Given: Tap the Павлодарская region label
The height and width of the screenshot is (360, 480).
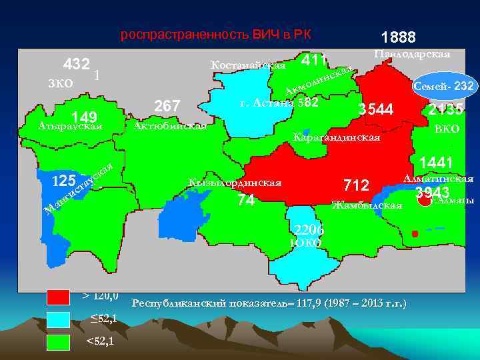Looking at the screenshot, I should [x=412, y=53].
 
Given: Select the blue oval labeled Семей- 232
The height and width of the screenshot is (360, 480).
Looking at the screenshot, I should [x=443, y=86].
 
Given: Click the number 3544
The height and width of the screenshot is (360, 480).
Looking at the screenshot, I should [x=377, y=109].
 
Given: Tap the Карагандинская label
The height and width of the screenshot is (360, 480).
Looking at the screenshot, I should [x=336, y=138].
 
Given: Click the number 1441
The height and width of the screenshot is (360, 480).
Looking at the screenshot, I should [x=436, y=162].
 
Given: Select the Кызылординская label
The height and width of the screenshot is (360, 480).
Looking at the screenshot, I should [x=235, y=182].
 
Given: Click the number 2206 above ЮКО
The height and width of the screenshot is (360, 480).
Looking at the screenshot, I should [x=309, y=230].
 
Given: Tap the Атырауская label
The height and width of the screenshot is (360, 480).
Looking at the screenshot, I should [x=70, y=126].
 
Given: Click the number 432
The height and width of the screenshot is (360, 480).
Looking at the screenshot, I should [x=77, y=64].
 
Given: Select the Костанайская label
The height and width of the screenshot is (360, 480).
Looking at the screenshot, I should [x=247, y=65].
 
